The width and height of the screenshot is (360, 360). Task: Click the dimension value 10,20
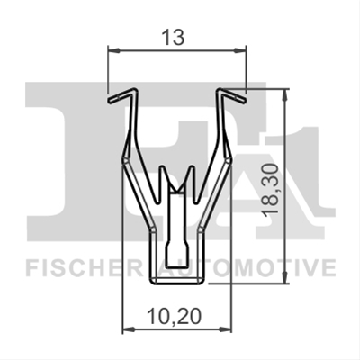click(175, 317)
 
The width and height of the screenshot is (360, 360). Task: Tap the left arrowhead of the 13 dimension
click(113, 50)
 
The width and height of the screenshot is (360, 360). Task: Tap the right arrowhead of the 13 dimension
click(240, 50)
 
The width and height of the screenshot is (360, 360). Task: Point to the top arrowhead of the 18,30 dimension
click(285, 94)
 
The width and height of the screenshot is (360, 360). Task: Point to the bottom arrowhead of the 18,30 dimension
click(285, 277)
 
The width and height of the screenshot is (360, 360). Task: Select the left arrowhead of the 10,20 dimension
click(129, 329)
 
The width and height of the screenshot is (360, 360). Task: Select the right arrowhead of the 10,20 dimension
click(226, 329)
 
